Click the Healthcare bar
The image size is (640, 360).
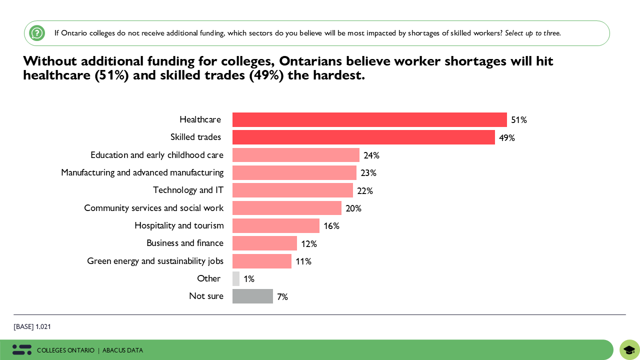coord(369,120)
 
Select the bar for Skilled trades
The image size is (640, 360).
coord(363,137)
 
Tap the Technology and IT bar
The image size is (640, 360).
coord(292,190)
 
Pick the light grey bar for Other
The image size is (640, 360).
coord(236,278)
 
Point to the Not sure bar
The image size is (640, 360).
coord(252,296)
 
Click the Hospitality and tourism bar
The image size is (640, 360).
coord(276,225)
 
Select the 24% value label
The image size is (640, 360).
coord(371,155)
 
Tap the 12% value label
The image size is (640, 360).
coord(309,243)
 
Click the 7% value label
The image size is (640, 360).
coord(282,296)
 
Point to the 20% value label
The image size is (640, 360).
coord(353,208)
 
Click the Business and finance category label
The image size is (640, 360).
coord(185,243)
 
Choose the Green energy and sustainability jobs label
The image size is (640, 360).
coord(155,261)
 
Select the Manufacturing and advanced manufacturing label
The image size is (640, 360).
coord(142,172)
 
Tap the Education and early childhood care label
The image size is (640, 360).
coord(157,155)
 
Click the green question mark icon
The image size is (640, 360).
coord(37,33)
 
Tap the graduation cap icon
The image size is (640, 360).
coord(629,350)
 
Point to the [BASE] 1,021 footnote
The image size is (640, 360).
coord(32,326)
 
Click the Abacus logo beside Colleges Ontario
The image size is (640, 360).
coord(22,350)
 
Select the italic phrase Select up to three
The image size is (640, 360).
coord(532,33)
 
